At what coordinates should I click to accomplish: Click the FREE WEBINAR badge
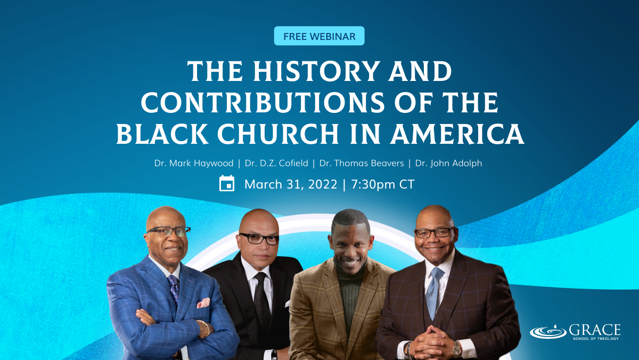pyautogui.click(x=319, y=36)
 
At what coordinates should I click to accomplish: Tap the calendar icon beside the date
pyautogui.click(x=227, y=183)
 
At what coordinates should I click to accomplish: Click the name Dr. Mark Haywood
pyautogui.click(x=194, y=163)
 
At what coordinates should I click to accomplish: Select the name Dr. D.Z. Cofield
pyautogui.click(x=276, y=163)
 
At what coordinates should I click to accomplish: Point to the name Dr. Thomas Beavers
pyautogui.click(x=362, y=163)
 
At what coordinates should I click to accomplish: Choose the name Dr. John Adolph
pyautogui.click(x=448, y=163)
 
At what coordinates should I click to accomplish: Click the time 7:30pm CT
pyautogui.click(x=382, y=184)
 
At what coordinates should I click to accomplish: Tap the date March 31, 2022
pyautogui.click(x=291, y=184)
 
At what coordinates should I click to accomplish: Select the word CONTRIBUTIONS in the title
pyautogui.click(x=263, y=102)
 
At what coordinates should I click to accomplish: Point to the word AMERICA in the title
pyautogui.click(x=457, y=134)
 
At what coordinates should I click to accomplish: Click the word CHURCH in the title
pyautogui.click(x=278, y=134)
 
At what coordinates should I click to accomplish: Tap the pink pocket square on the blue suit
pyautogui.click(x=203, y=303)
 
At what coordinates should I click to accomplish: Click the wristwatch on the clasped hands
pyautogui.click(x=457, y=349)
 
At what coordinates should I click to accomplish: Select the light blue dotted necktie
pyautogui.click(x=433, y=292)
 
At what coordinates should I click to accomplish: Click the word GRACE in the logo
pyautogui.click(x=595, y=330)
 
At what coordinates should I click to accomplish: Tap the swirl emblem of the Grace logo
pyautogui.click(x=548, y=332)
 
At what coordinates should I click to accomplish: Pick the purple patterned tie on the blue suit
pyautogui.click(x=174, y=288)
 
